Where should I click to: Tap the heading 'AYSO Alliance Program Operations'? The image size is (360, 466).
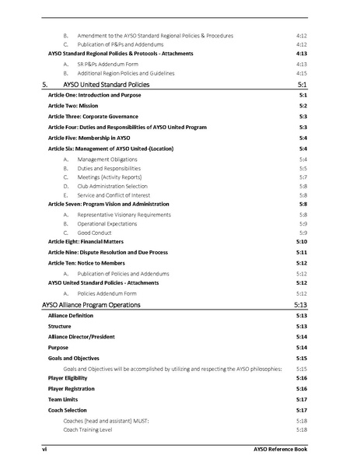point(91,306)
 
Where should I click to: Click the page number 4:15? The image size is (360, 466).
point(302,72)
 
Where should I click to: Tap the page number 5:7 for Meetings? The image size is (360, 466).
point(303,177)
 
